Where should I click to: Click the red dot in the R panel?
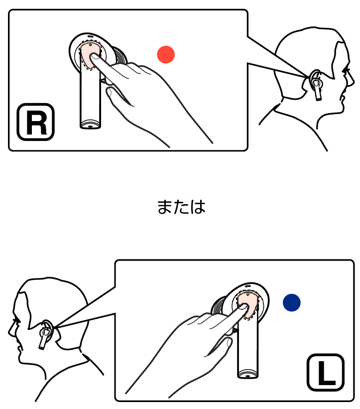point(166,54)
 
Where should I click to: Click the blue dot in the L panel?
point(292,302)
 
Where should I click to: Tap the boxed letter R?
point(36,122)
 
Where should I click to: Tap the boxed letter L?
point(326,373)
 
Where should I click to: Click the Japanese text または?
point(181,207)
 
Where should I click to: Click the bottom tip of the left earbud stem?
point(247,376)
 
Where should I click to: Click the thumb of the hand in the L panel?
point(222,346)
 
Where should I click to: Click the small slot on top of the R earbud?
point(90,36)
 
